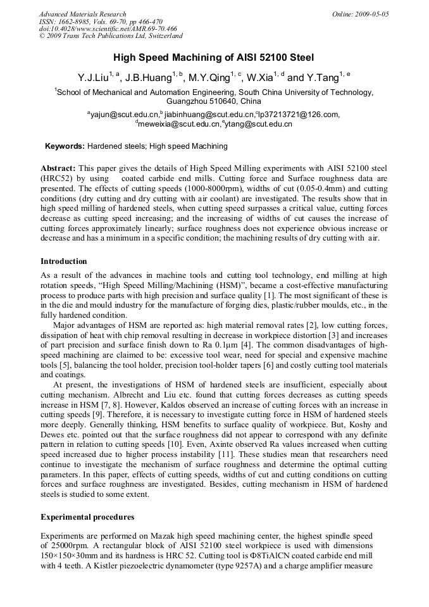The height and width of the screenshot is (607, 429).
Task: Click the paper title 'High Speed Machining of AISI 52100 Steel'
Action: [214, 58]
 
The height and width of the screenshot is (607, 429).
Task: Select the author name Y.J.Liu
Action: [92, 78]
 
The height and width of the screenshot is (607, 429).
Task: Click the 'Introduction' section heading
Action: [64, 261]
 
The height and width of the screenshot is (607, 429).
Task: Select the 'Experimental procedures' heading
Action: [87, 517]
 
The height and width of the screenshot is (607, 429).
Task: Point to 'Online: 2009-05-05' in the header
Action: [361, 14]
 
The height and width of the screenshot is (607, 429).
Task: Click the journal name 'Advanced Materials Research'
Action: [82, 14]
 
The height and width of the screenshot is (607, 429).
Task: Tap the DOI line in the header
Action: [108, 29]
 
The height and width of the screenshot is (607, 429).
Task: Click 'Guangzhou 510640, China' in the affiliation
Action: [213, 101]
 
